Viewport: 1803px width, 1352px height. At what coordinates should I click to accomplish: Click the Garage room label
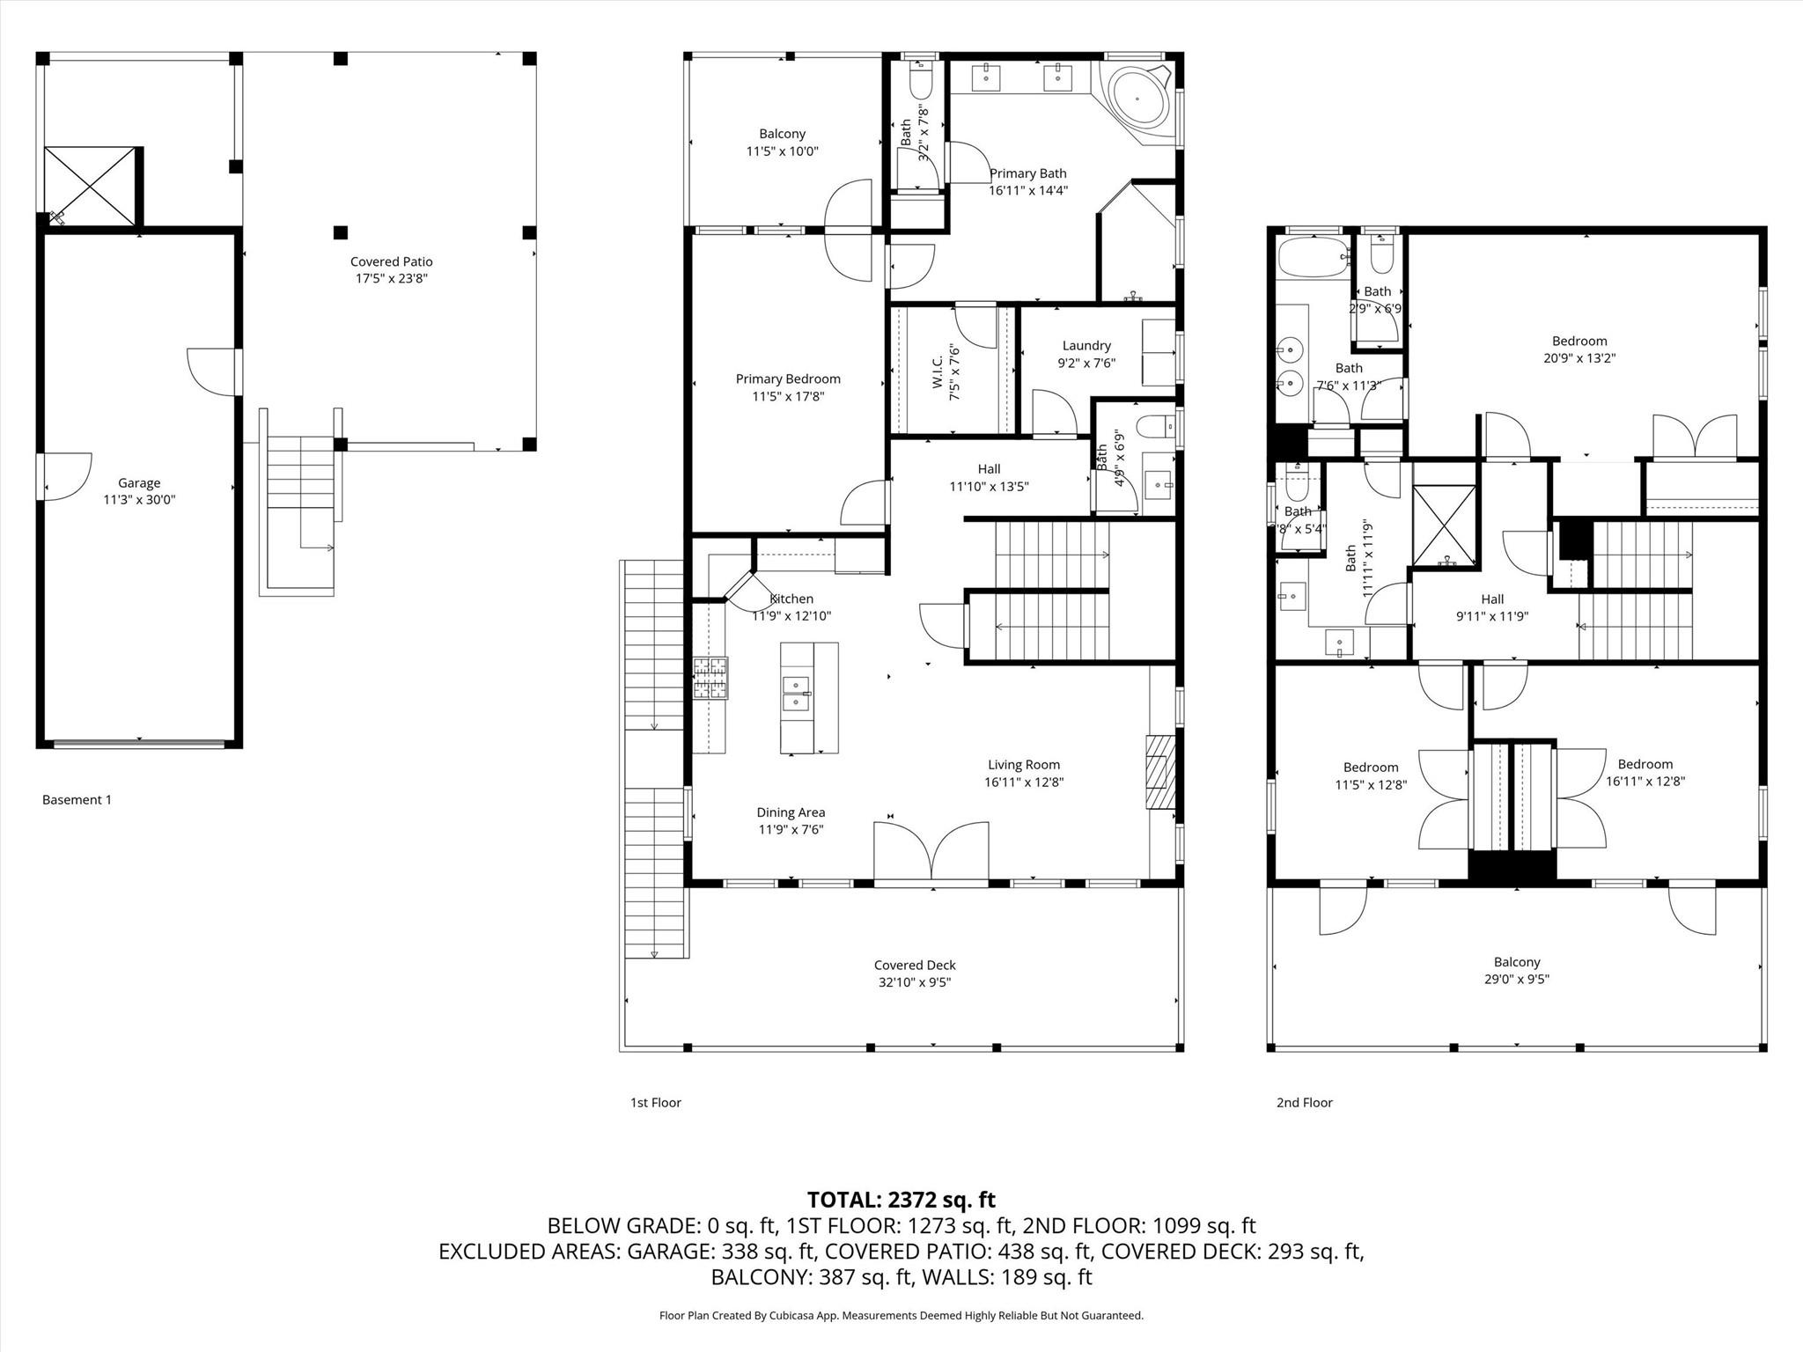coord(139,483)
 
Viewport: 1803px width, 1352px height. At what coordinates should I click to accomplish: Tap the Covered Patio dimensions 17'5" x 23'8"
coord(391,279)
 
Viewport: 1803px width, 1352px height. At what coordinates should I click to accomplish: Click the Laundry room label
coord(1086,346)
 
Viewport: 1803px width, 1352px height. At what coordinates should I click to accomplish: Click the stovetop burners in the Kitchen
coord(710,679)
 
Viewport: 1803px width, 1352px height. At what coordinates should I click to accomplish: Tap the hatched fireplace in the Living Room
coord(1159,772)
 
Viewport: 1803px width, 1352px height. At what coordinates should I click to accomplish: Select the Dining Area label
coord(790,812)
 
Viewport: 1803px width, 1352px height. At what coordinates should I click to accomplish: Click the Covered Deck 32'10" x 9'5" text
coord(914,982)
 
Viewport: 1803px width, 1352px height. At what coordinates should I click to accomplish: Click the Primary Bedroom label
coord(788,379)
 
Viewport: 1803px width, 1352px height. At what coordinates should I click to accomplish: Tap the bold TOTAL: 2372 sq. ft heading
coord(901,1200)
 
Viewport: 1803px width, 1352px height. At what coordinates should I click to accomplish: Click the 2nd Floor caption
coord(1304,1102)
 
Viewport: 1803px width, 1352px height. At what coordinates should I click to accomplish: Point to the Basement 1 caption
coord(77,799)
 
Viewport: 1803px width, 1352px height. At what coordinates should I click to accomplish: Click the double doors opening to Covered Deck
coord(931,852)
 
